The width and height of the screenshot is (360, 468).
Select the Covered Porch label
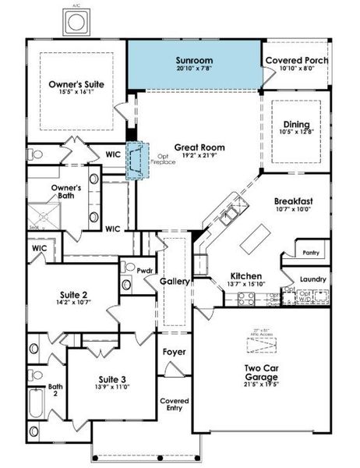point(296,60)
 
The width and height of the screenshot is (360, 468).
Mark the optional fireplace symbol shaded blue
point(139,161)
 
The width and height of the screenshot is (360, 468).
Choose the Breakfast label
point(295,200)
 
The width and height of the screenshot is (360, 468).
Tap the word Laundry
point(313,278)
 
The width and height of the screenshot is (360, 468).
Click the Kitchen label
point(245,275)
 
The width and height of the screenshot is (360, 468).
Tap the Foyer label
point(174,352)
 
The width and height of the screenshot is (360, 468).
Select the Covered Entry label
point(175,404)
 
